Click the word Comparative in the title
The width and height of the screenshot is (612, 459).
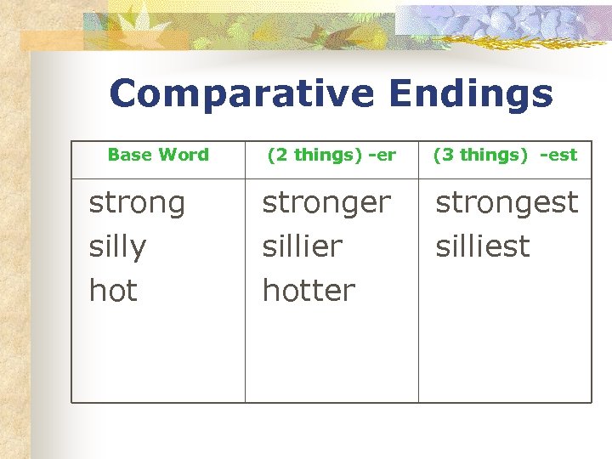tap(242, 94)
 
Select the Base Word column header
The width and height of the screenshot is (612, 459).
tap(158, 155)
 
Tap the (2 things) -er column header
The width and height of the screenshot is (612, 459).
tap(331, 155)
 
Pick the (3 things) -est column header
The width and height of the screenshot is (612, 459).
tap(505, 155)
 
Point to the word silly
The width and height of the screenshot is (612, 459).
tap(117, 247)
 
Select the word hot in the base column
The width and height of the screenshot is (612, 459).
tap(113, 291)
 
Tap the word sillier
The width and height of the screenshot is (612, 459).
tap(302, 246)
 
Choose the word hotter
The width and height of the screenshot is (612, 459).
tap(309, 291)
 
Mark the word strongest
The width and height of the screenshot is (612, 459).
tap(507, 202)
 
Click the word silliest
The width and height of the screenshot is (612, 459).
tap(482, 246)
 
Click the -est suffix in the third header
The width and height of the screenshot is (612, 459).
tap(558, 155)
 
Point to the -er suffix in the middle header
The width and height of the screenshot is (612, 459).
tap(384, 155)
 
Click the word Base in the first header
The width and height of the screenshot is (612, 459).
tap(129, 155)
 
